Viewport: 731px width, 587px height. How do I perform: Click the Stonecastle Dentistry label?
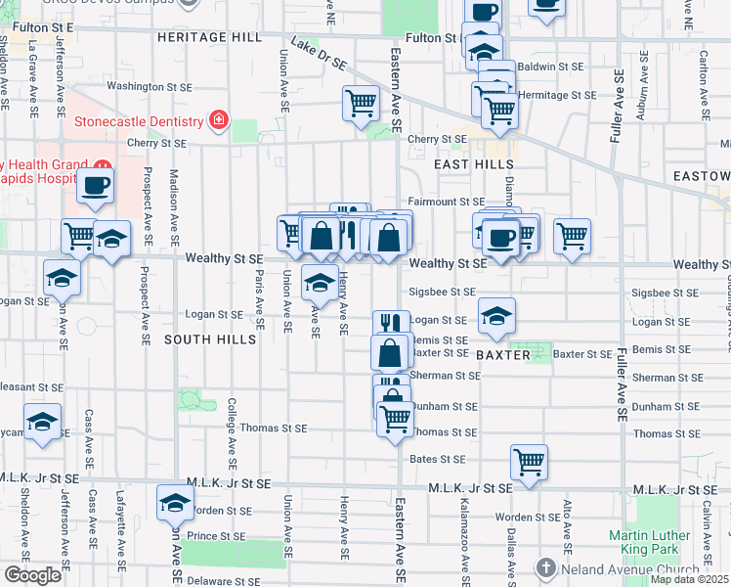click(139, 122)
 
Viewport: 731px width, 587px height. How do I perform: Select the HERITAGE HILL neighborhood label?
click(209, 36)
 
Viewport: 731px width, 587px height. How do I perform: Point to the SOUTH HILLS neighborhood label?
click(209, 339)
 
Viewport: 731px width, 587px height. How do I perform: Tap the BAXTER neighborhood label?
click(503, 355)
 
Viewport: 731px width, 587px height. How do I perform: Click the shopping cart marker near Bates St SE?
click(529, 462)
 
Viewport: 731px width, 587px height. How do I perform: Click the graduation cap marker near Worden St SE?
click(175, 503)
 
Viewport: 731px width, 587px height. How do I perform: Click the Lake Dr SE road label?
click(319, 54)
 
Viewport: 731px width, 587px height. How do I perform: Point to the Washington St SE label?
click(141, 86)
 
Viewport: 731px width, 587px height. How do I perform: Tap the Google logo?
click(32, 575)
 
